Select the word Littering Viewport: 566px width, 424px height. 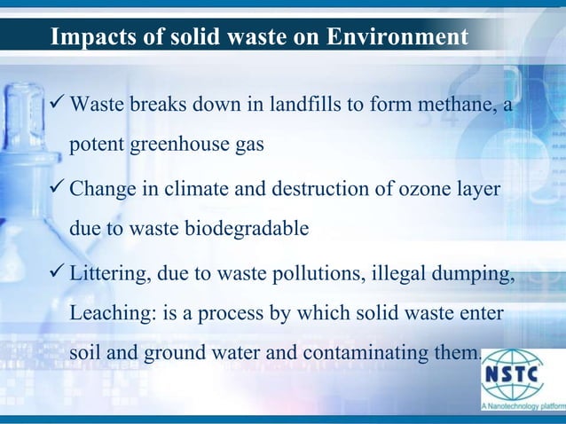[106, 273]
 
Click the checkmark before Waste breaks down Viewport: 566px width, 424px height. [58, 106]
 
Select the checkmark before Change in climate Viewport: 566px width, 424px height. [58, 190]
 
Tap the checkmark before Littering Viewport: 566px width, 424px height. [58, 273]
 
